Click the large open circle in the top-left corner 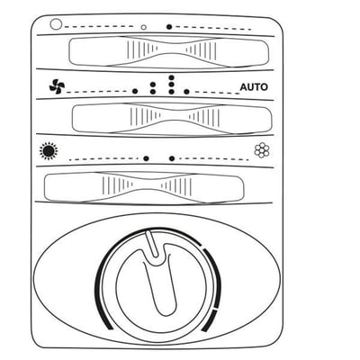coord(56,24)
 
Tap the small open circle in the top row coord(144,27)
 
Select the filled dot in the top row coord(169,27)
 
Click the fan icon coord(57,86)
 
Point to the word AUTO coord(254,87)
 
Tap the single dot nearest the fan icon coord(135,91)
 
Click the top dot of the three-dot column coord(171,77)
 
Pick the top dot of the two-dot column coord(153,85)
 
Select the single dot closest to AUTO coord(186,92)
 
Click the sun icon coord(48,151)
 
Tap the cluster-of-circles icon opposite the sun coord(262,150)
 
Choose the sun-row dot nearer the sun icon coord(146,158)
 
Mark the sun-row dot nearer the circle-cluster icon coord(172,158)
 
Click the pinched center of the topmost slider coord(171,50)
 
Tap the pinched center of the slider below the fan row coord(175,119)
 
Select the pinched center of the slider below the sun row coord(147,186)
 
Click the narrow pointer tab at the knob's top coord(152,244)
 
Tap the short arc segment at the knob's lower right coord(209,321)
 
